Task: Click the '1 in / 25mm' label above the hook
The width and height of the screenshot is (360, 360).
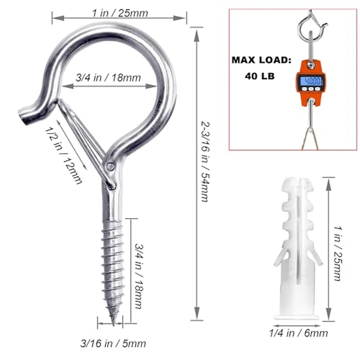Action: coord(120,13)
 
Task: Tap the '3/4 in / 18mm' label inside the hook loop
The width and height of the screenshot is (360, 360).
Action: coord(109,78)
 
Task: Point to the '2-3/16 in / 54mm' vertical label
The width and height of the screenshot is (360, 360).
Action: coord(205,161)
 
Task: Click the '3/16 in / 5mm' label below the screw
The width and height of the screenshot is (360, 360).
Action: coord(113,344)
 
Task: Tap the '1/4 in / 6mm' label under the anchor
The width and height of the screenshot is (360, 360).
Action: coord(298,333)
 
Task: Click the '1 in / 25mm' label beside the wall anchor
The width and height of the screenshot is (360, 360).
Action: coord(337,253)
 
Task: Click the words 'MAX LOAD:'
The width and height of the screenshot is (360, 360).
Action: coord(261,60)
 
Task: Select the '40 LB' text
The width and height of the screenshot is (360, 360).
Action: coord(260,76)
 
